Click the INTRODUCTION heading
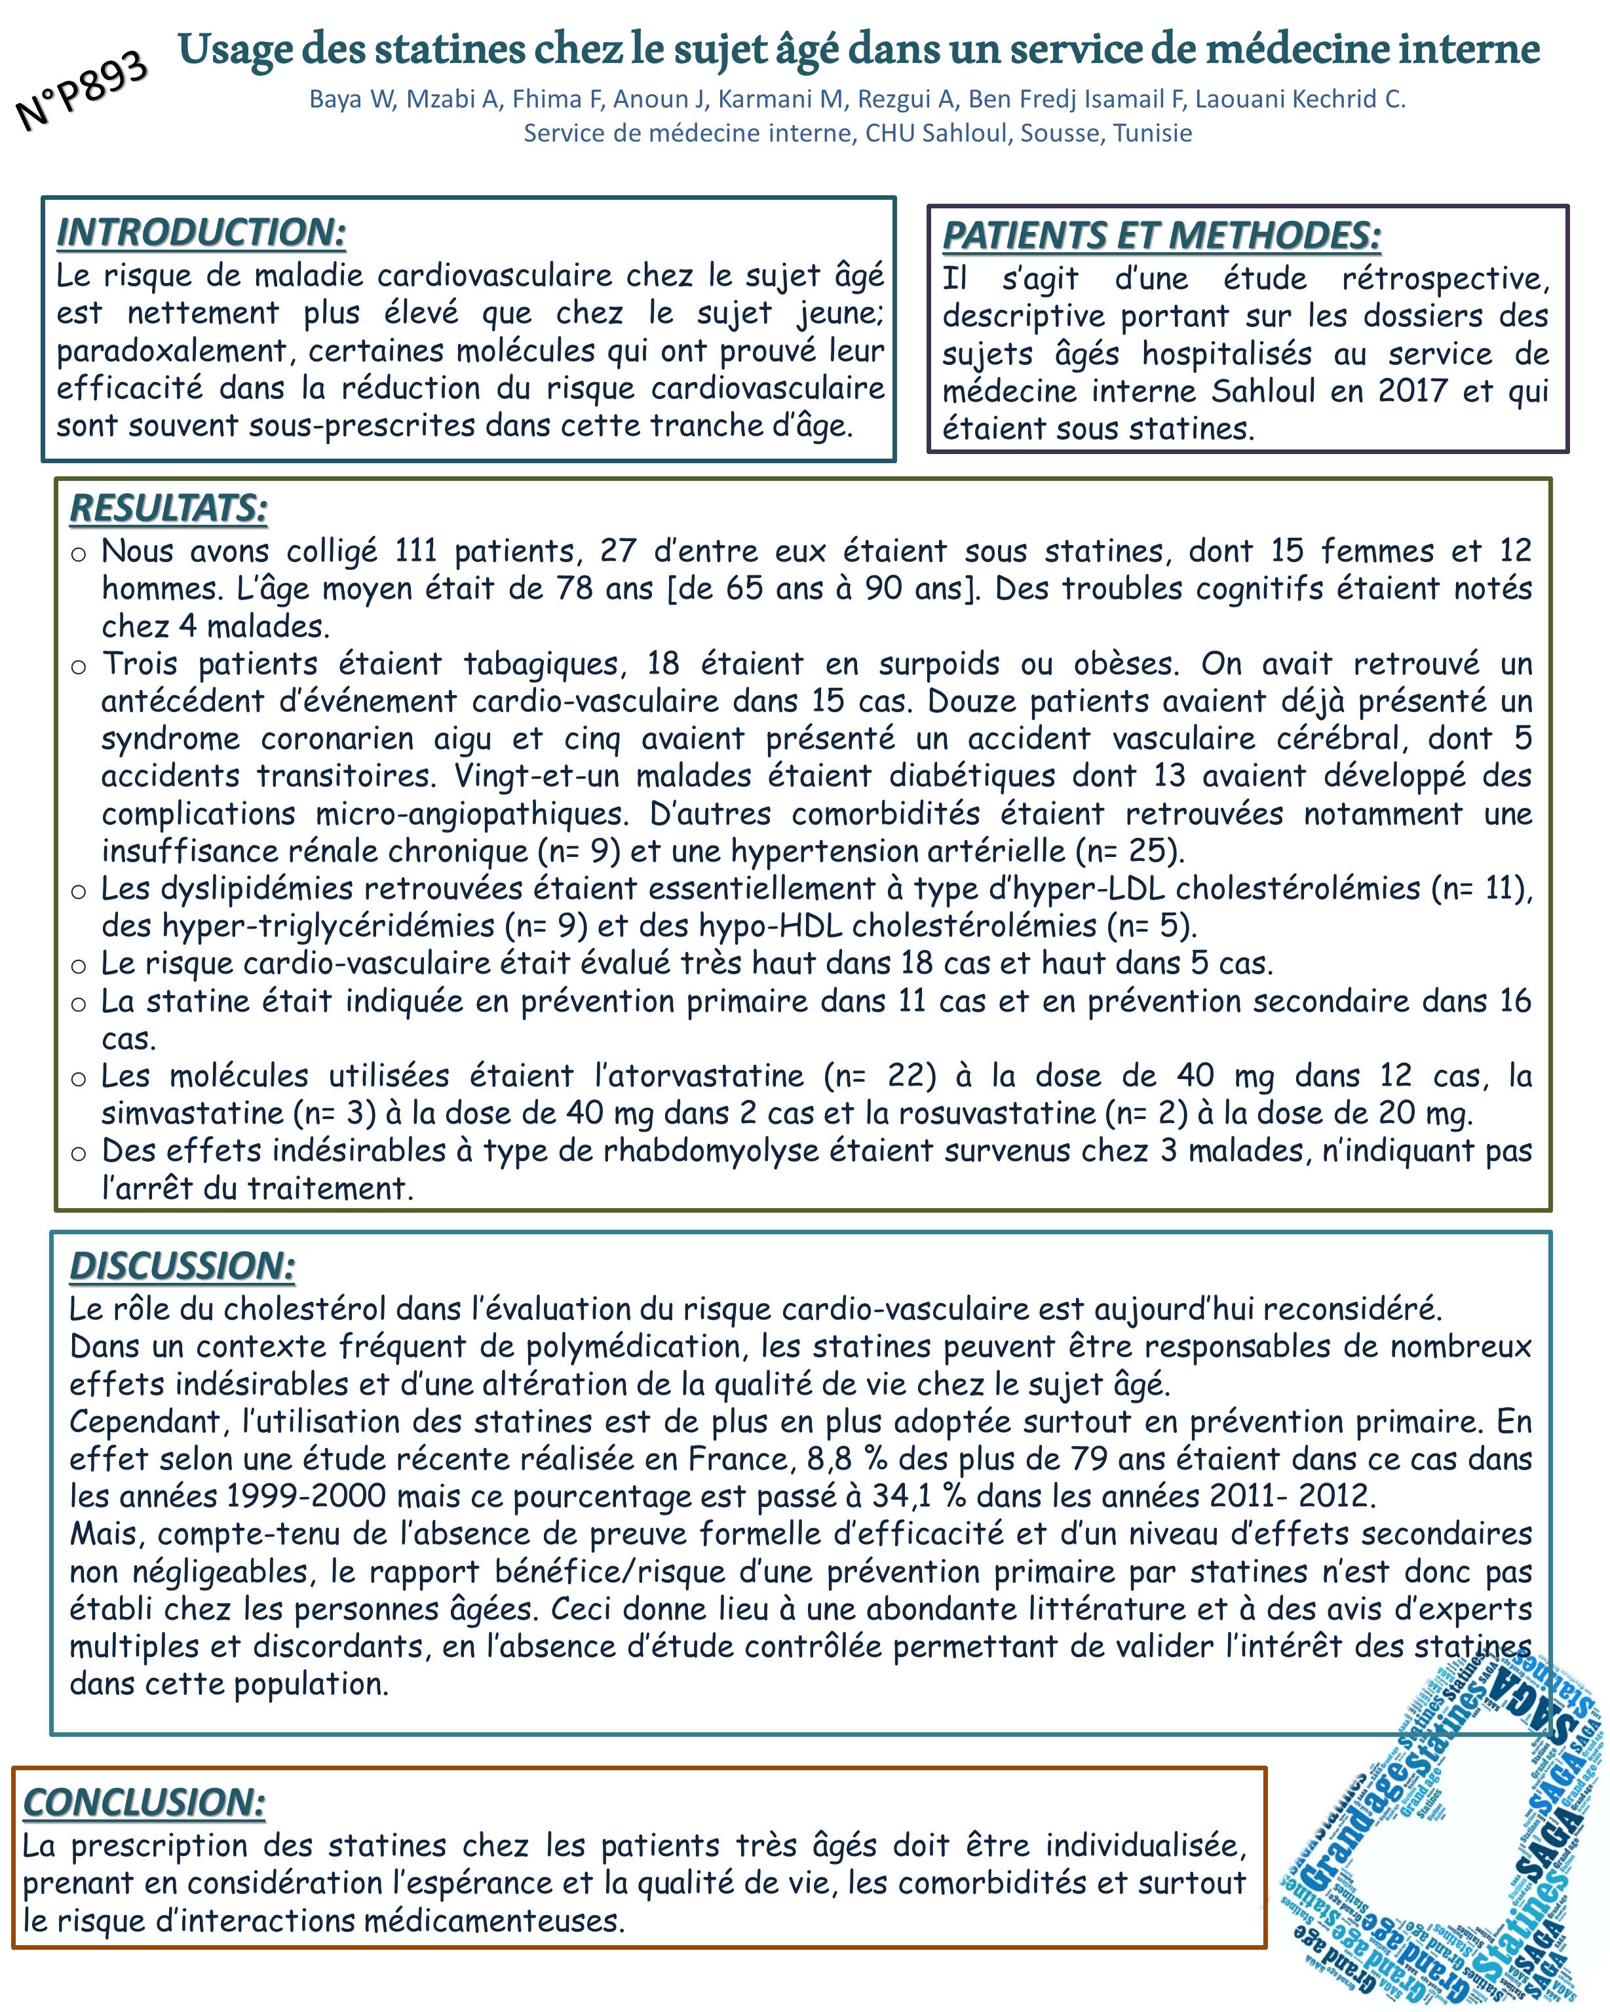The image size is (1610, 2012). pos(201,233)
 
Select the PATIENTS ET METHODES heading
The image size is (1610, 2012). pos(1161,235)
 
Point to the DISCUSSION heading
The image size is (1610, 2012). pos(182,1266)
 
